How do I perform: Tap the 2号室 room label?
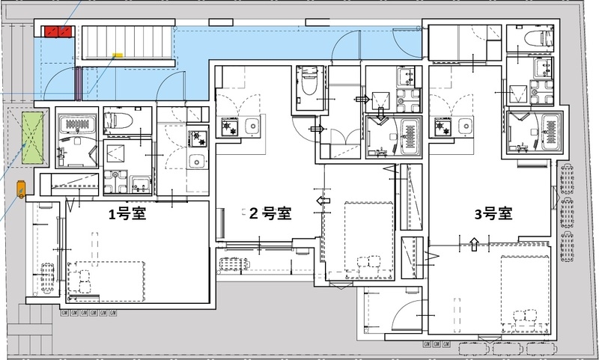point(270,213)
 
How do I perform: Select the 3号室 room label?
point(493,213)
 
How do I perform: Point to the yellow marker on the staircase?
point(117,55)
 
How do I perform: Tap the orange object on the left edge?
point(20,189)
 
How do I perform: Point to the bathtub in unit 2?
point(409,135)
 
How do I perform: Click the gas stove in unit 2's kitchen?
point(225,128)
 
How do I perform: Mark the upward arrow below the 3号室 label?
point(473,242)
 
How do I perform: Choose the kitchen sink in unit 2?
point(251,124)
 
